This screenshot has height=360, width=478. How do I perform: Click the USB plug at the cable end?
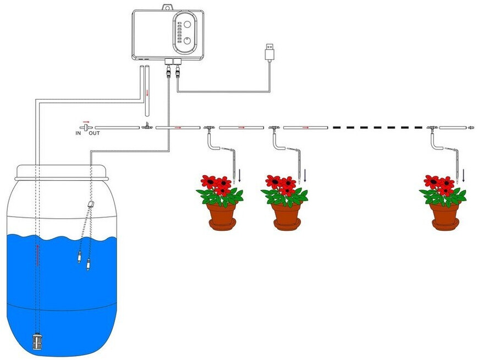pyautogui.click(x=270, y=52)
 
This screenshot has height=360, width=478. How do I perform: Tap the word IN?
pyautogui.click(x=78, y=133)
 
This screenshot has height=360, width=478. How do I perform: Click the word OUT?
pyautogui.click(x=94, y=133)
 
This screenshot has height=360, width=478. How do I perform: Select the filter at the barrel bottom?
pyautogui.click(x=37, y=341)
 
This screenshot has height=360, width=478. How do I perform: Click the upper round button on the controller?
pyautogui.click(x=187, y=24)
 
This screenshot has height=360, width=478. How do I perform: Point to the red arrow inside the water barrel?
pyautogui.click(x=37, y=255)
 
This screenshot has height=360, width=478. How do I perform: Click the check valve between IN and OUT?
pyautogui.click(x=86, y=128)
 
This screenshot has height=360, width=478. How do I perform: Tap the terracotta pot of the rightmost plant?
pyautogui.click(x=446, y=217)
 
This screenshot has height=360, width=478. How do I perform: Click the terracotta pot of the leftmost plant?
pyautogui.click(x=222, y=217)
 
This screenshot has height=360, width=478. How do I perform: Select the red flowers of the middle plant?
pyautogui.click(x=281, y=185)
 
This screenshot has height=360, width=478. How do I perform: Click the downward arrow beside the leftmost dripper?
pyautogui.click(x=240, y=176)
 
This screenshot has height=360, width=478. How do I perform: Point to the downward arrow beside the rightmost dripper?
pyautogui.click(x=464, y=176)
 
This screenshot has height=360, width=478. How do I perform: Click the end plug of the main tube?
pyautogui.click(x=471, y=127)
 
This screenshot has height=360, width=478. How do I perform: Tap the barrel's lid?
pyautogui.click(x=62, y=173)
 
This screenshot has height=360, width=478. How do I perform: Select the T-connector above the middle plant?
pyautogui.click(x=274, y=128)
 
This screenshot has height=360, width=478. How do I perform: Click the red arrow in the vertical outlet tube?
pyautogui.click(x=147, y=92)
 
